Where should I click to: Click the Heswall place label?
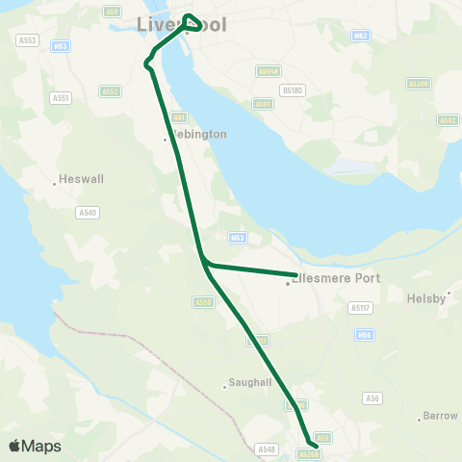pyautogui.click(x=76, y=178)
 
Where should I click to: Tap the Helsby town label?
pyautogui.click(x=427, y=298)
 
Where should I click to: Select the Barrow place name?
pyautogui.click(x=442, y=416)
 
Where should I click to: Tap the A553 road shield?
pyautogui.click(x=27, y=40)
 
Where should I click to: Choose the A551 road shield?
pyautogui.click(x=62, y=97)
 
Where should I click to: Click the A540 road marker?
pyautogui.click(x=89, y=211)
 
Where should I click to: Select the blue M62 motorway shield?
pyautogui.click(x=361, y=36)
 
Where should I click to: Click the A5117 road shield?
pyautogui.click(x=361, y=308)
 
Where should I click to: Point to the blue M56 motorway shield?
pyautogui.click(x=364, y=335)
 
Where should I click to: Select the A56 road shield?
pyautogui.click(x=372, y=398)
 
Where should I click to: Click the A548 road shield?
pyautogui.click(x=267, y=449)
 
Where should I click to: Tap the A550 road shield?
pyautogui.click(x=203, y=302)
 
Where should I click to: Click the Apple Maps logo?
pyautogui.click(x=36, y=446)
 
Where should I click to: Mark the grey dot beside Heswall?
pyautogui.click(x=55, y=184)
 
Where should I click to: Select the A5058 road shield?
pyautogui.click(x=269, y=71)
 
